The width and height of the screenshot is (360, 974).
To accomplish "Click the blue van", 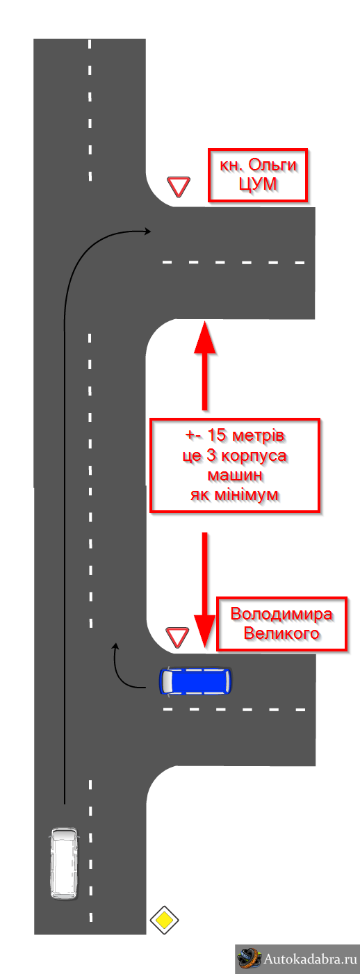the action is coord(195,681).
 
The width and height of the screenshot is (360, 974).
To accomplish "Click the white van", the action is coord(65,863).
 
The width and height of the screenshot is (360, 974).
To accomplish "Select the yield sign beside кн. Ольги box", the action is coord(179,186).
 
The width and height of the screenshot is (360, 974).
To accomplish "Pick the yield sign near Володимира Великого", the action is coord(177,637).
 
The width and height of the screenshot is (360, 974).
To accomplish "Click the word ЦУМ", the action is coord(258,184).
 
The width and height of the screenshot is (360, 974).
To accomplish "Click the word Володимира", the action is coord(281,614).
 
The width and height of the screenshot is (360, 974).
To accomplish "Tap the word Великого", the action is coord(281,633).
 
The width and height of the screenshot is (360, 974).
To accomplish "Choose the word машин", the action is coord(235,474).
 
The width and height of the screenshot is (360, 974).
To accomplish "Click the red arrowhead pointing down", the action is coord(204,632).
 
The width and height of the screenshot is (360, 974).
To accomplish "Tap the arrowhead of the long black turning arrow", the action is coord(148,232).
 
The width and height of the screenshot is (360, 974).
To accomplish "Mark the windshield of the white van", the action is coord(65,835).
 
